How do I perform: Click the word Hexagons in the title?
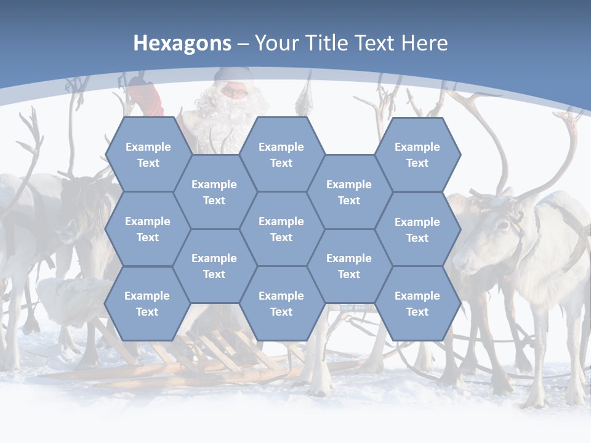click(182, 43)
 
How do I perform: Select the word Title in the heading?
click(329, 43)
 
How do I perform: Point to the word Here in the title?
click(424, 43)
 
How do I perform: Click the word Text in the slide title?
click(377, 43)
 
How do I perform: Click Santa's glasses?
click(233, 92)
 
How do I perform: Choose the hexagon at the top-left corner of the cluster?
click(148, 154)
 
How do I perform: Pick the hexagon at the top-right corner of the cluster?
click(417, 154)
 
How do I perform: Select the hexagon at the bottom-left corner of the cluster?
click(147, 303)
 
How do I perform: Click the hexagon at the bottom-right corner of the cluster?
click(417, 303)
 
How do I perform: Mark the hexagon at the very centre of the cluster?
click(281, 229)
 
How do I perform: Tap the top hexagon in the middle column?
click(281, 154)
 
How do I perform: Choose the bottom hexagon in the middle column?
click(281, 303)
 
